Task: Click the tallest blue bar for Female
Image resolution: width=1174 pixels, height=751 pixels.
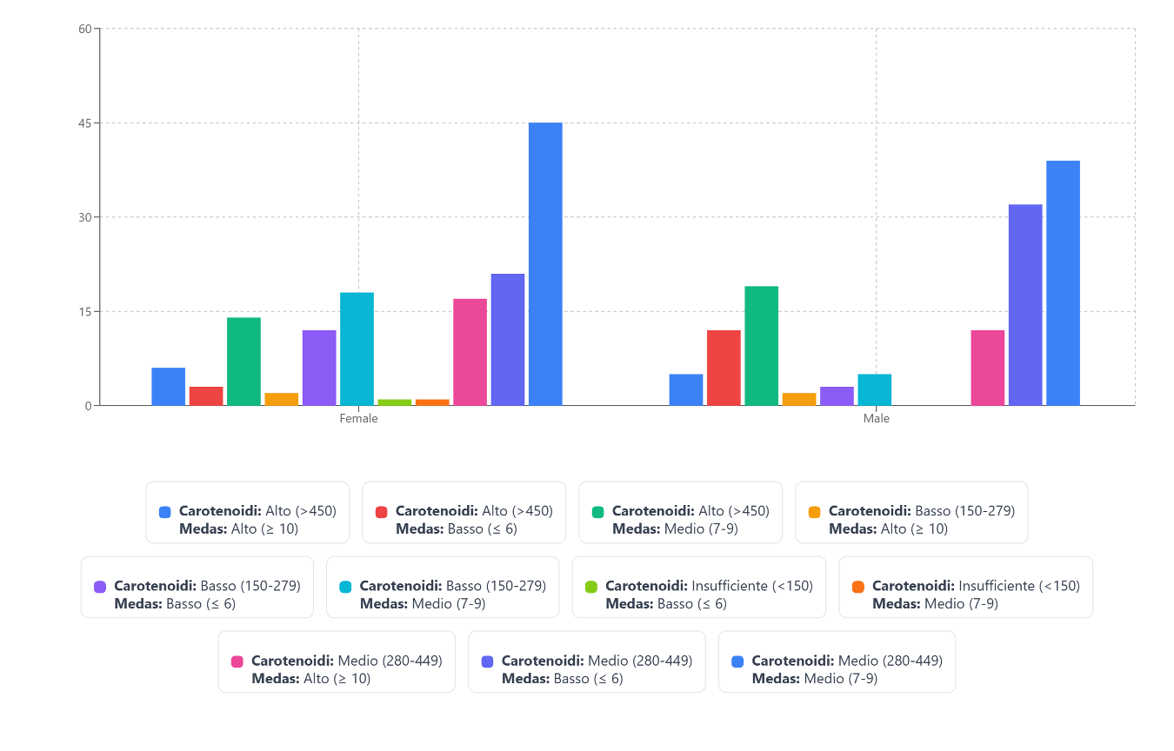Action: coord(545,264)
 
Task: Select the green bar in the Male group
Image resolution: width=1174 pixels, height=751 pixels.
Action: coord(761,346)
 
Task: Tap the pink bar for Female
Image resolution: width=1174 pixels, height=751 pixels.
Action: coord(470,352)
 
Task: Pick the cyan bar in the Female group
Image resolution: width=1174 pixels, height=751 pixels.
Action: coord(357,349)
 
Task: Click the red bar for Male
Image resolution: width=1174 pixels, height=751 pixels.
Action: coord(724,368)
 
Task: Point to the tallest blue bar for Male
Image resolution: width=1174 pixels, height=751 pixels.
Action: coord(1063,283)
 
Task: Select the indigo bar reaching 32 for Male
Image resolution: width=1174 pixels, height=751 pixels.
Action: coord(1025,305)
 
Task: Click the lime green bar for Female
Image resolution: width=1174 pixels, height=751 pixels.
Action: coord(395,402)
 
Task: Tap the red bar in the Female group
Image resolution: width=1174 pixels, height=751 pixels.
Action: coord(206,396)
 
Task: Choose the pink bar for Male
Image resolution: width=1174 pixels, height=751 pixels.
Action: coord(988,368)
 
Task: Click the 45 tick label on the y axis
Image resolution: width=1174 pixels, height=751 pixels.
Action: coord(85,123)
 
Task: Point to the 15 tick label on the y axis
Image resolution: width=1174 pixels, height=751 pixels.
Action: coord(85,311)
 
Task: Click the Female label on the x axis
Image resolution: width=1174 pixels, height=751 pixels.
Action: coord(358,419)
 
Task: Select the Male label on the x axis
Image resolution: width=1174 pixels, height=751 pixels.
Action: coord(876,419)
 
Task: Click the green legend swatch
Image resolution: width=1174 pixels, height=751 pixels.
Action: coord(598,512)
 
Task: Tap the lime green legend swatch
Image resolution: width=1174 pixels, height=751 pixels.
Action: coord(592,587)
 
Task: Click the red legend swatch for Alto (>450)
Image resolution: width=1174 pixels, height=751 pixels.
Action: coord(382,512)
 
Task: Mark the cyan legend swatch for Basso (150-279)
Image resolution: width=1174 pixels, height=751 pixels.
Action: coord(346,587)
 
